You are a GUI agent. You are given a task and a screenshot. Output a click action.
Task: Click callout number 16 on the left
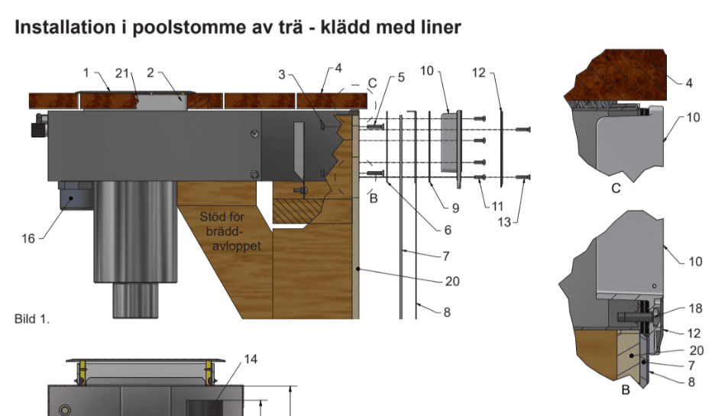[28, 238]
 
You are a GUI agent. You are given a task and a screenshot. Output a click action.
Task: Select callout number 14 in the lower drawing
[251, 359]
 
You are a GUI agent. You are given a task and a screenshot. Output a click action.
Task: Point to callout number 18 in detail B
[695, 309]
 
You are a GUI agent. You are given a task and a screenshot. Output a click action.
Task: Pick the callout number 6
[448, 230]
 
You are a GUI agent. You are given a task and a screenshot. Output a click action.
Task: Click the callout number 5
[401, 78]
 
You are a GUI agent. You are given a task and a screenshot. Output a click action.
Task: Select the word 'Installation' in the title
[66, 28]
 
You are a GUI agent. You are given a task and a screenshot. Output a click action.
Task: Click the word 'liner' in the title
[436, 28]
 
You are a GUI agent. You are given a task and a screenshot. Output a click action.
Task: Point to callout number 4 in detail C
[689, 82]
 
